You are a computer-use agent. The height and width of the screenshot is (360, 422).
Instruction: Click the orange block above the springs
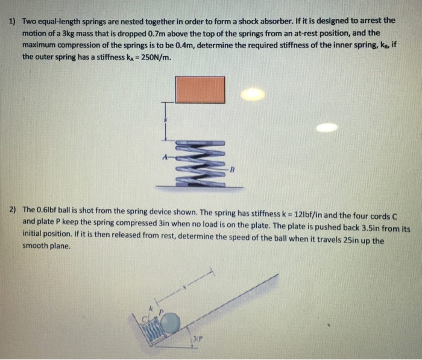[x=200, y=90]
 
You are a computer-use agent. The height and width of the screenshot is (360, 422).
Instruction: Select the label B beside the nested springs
[x=231, y=170]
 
